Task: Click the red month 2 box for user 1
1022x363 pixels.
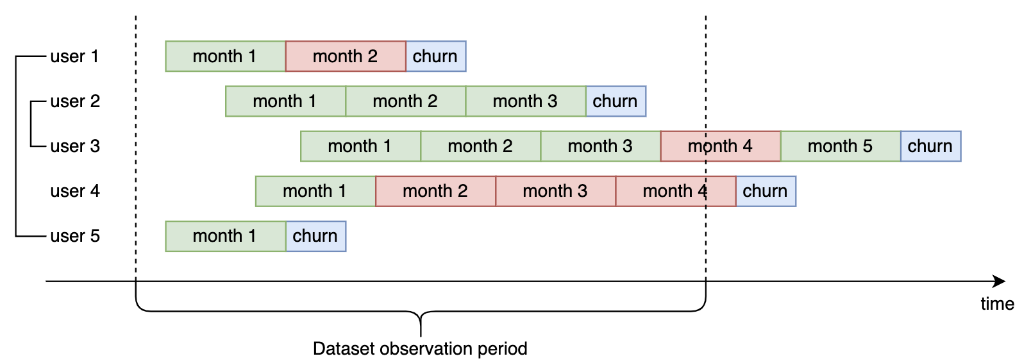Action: point(346,56)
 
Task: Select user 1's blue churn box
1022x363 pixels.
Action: point(436,56)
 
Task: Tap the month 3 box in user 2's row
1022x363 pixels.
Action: point(526,101)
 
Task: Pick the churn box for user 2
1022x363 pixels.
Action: point(616,101)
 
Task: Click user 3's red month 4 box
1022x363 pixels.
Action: point(721,146)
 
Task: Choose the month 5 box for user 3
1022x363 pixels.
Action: point(841,146)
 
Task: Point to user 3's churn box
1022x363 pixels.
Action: point(931,146)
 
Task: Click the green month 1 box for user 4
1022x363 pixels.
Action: point(315,191)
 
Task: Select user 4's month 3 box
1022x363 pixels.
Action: point(555,191)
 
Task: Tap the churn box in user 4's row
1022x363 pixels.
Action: point(766,191)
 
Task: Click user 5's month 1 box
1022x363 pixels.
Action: point(226,236)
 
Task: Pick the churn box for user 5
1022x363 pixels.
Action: point(315,236)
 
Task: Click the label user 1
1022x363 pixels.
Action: point(74,56)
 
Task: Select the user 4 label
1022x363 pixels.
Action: point(75,191)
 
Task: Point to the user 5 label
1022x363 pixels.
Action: point(75,236)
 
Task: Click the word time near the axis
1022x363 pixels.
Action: point(998,303)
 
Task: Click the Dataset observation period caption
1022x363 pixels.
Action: point(420,349)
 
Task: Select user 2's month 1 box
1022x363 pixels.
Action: point(285,101)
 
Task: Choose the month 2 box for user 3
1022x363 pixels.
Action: point(480,146)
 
